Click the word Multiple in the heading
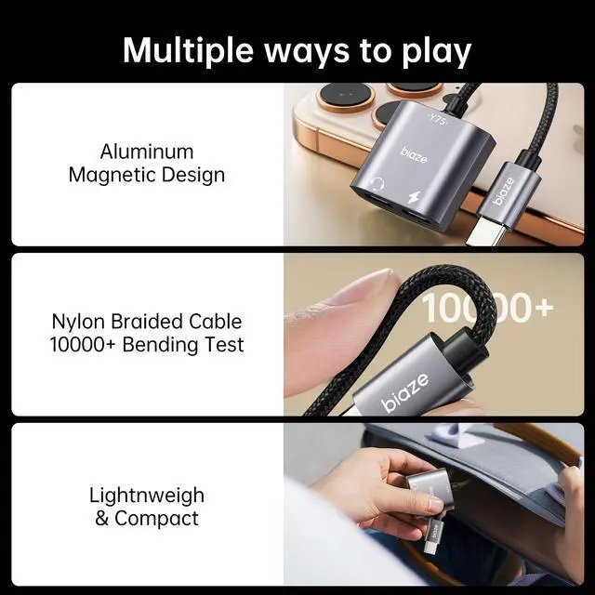click(x=188, y=50)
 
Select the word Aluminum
click(x=147, y=152)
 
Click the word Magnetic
click(x=112, y=176)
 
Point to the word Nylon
click(x=78, y=322)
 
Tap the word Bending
click(x=159, y=345)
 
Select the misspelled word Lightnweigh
click(x=147, y=496)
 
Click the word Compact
click(x=156, y=519)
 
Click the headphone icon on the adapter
click(x=377, y=184)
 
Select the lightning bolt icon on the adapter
click(x=415, y=199)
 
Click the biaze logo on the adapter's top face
click(x=414, y=155)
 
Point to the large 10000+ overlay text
click(x=487, y=308)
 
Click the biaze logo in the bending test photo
click(x=405, y=392)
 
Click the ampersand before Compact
click(x=101, y=519)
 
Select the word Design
click(x=193, y=176)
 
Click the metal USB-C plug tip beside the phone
click(x=480, y=231)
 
